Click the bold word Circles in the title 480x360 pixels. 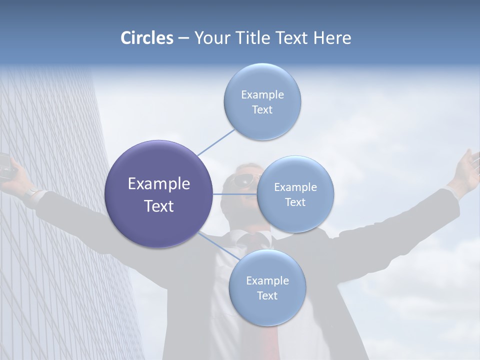click(147, 38)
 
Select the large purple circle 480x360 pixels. click(158, 194)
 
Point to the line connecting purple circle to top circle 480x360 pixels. click(215, 141)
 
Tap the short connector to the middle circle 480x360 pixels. click(234, 194)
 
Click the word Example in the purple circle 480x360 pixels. click(158, 184)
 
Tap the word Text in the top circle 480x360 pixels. click(262, 110)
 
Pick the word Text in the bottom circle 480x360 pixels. click(267, 296)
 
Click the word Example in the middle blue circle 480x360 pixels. click(295, 187)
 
